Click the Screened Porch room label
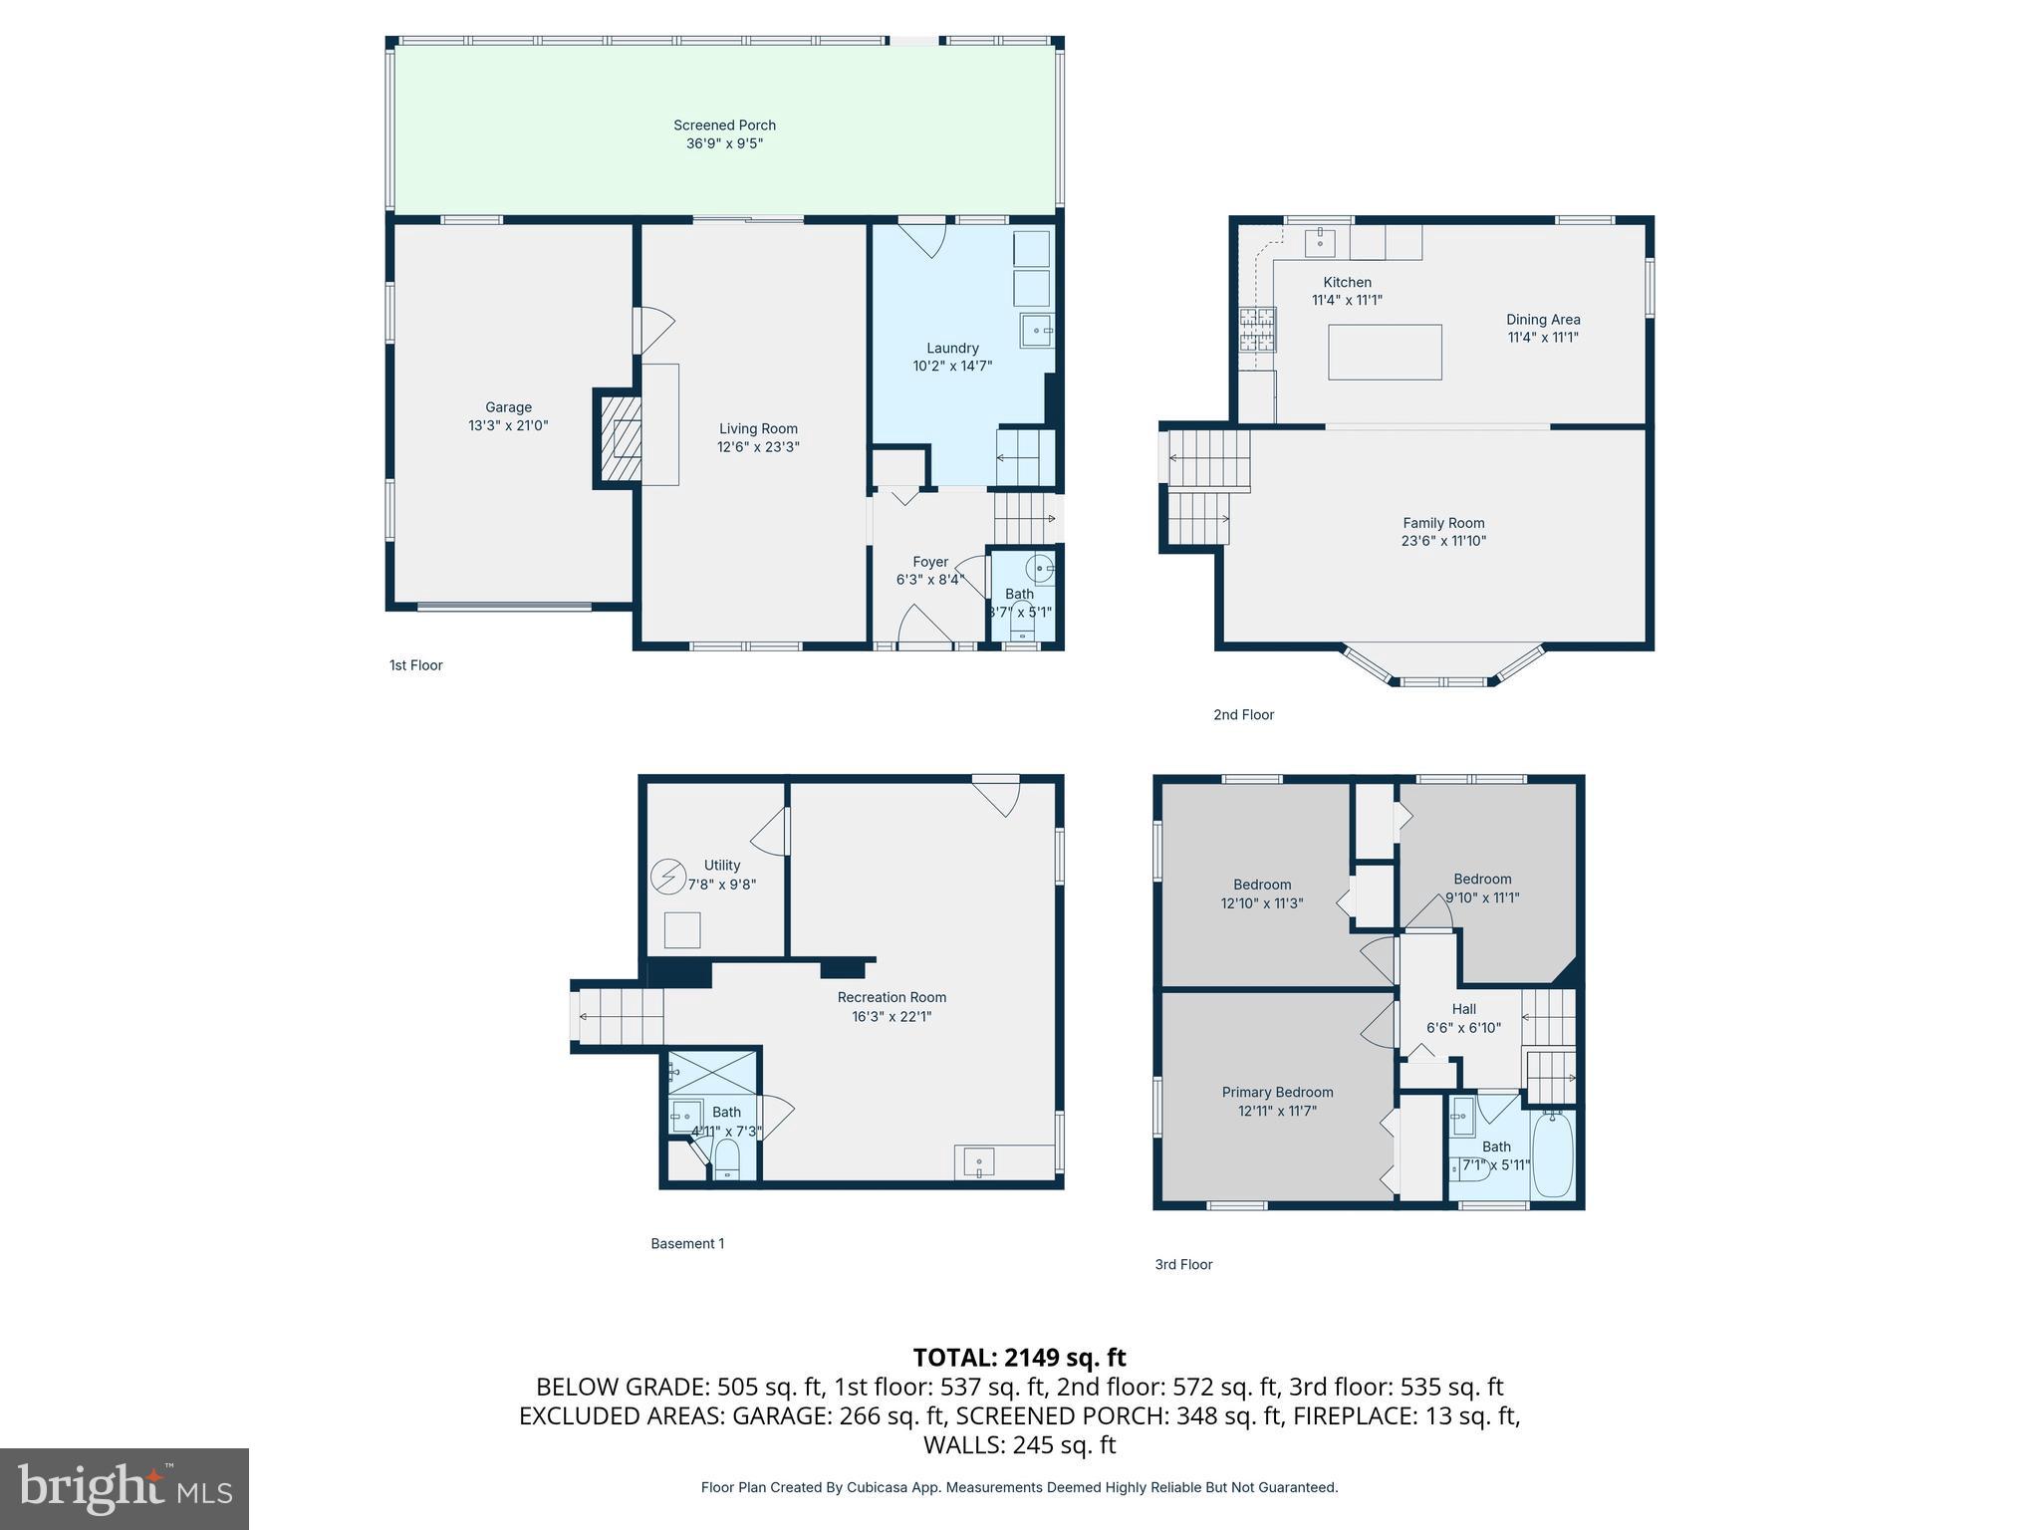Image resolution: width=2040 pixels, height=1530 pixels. [724, 126]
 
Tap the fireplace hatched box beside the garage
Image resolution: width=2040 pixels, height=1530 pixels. [619, 438]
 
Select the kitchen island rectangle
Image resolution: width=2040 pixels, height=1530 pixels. [1385, 352]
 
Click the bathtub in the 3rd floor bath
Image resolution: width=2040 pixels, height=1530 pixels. [1552, 1154]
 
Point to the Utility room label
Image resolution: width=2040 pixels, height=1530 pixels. [721, 866]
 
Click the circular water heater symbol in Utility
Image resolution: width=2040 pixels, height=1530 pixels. [667, 877]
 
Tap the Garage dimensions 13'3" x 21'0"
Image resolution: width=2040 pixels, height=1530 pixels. [508, 425]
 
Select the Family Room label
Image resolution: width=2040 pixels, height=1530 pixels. [1443, 523]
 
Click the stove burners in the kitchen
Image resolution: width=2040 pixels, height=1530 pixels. [1257, 330]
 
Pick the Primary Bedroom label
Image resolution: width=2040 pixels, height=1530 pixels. [1277, 1092]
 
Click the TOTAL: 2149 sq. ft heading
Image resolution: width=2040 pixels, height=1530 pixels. [1019, 1358]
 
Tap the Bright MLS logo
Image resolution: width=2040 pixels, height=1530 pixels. [125, 1488]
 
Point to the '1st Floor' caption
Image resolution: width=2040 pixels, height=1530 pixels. [415, 665]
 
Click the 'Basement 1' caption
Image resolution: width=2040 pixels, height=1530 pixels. [687, 1243]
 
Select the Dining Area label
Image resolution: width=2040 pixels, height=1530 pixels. [1543, 320]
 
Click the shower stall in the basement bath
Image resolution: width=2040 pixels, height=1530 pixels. [712, 1073]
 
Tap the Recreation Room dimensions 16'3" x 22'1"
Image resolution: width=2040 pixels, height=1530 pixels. [892, 1016]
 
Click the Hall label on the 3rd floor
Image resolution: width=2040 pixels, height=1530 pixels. [1463, 1009]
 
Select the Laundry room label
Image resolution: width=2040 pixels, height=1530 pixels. [952, 348]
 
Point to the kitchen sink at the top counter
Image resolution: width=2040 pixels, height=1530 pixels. [1320, 241]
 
